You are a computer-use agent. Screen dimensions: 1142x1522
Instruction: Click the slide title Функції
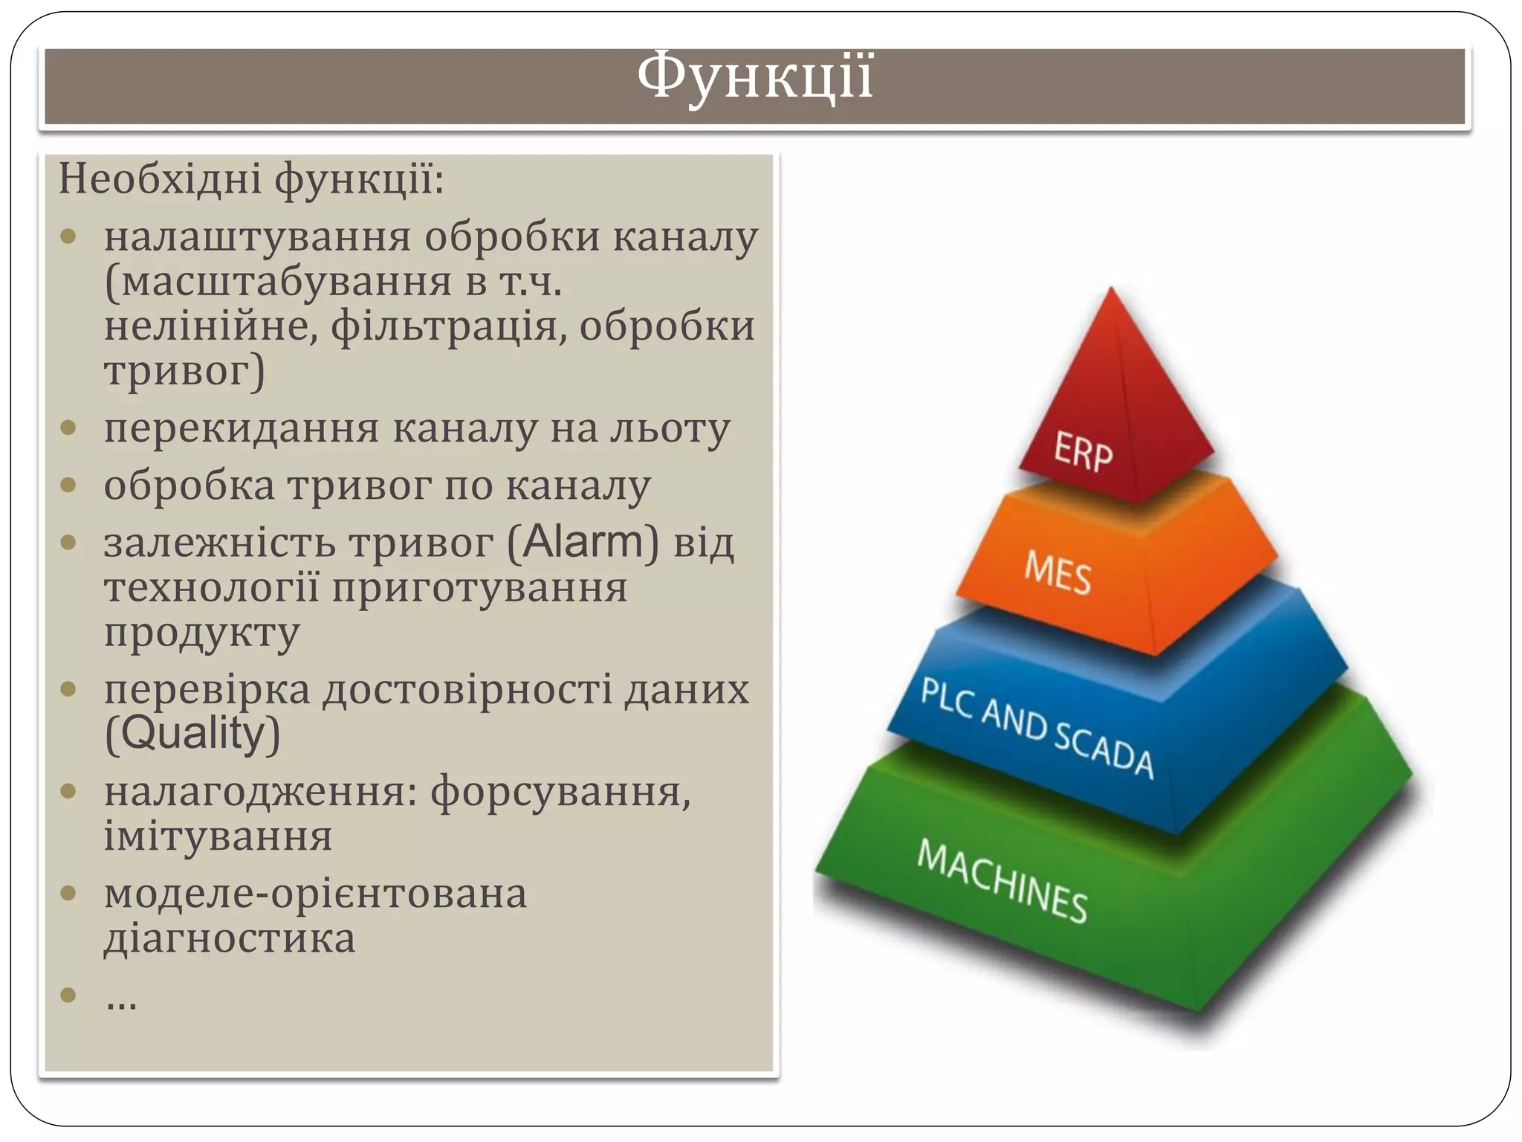tap(754, 77)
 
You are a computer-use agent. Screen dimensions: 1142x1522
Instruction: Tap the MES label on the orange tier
tap(1058, 573)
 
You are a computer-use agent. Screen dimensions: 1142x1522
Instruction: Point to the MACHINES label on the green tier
tap(1002, 882)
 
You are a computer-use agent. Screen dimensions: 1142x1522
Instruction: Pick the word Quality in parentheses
tap(192, 734)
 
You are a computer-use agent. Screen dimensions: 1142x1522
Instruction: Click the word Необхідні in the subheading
tap(160, 179)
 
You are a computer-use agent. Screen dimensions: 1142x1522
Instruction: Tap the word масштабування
tap(286, 283)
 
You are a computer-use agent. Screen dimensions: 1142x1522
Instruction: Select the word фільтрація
tap(449, 327)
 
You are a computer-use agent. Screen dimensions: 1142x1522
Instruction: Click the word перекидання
tap(242, 429)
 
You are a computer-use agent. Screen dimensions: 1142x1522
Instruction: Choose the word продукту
tap(201, 633)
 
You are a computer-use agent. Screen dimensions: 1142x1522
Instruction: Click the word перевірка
tap(207, 689)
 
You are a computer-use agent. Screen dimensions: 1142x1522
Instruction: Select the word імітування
tap(218, 836)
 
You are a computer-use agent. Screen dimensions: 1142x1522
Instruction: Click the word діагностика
tap(230, 938)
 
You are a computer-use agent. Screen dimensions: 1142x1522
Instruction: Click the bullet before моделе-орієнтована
tap(68, 893)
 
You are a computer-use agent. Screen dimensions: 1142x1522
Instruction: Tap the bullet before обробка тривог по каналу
tap(68, 485)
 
